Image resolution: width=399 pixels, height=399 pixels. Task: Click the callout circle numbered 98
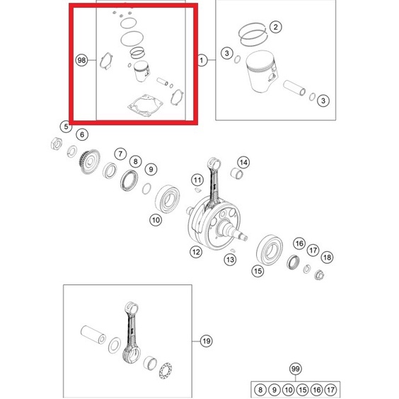[x=81, y=60]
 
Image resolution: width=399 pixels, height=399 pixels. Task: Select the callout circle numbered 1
[x=202, y=60]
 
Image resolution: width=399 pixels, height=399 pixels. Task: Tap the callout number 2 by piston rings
[x=275, y=27]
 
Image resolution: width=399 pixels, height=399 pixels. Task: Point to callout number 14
[x=243, y=162]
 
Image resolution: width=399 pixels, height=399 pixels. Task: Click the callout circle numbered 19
[x=207, y=341]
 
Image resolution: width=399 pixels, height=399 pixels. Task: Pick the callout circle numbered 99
[x=296, y=369]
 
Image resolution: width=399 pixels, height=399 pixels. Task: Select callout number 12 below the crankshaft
[x=196, y=252]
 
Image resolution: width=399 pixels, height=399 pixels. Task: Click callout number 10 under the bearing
[x=156, y=220]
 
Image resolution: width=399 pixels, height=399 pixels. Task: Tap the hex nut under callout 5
[x=56, y=144]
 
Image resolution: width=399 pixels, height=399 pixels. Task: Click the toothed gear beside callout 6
[x=90, y=161]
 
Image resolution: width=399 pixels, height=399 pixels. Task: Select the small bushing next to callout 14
[x=237, y=173]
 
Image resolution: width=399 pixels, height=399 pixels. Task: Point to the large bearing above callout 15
[x=270, y=250]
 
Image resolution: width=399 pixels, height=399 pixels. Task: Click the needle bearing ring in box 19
[x=166, y=371]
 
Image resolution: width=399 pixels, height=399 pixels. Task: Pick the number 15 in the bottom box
[x=302, y=390]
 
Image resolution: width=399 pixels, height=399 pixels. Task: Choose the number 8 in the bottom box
[x=260, y=390]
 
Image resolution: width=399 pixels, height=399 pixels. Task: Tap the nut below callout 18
[x=319, y=274]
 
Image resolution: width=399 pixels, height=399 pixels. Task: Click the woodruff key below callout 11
[x=197, y=190]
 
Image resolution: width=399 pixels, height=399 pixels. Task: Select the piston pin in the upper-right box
[x=294, y=88]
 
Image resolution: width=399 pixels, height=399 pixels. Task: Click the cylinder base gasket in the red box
[x=145, y=105]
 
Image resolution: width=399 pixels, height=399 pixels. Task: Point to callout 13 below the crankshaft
[x=230, y=260]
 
